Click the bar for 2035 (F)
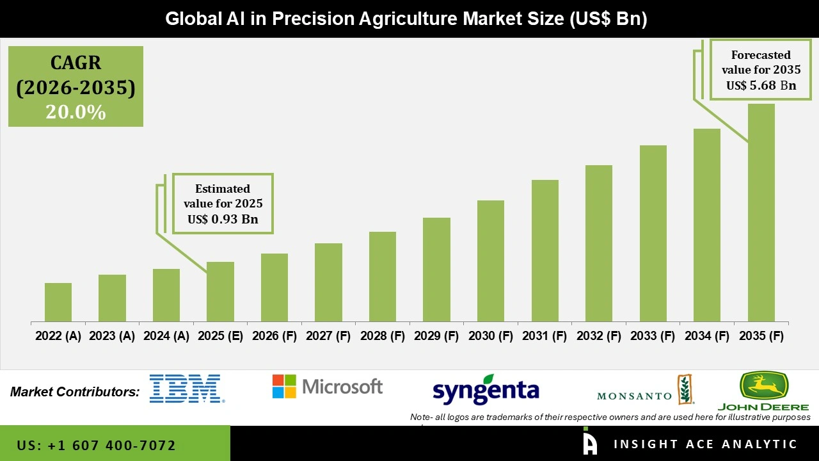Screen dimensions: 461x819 coord(761,213)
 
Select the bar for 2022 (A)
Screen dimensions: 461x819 coord(58,302)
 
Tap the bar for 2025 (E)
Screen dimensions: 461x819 coord(220,292)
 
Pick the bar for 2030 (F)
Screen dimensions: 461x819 coord(491,261)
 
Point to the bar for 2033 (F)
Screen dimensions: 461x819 coord(653,234)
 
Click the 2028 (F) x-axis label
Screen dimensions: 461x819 coord(382,336)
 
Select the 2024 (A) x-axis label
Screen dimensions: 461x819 coord(166,336)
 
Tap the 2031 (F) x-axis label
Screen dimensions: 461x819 coord(545,336)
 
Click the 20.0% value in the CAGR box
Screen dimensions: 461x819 coord(76,112)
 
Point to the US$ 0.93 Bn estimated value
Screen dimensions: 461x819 coord(223,219)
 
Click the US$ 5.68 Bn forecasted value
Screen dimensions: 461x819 coord(761,85)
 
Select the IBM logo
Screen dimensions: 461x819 coord(187,389)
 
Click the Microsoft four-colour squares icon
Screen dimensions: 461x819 coord(284,387)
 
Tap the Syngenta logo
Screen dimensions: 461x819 coord(486,390)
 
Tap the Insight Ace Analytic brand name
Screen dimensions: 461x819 coord(705,444)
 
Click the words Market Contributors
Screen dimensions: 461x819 coord(75,392)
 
